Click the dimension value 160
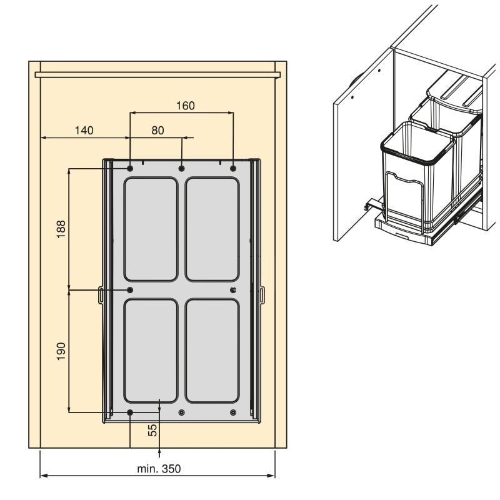(x=186, y=106)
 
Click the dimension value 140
(x=84, y=131)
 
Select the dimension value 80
(x=158, y=131)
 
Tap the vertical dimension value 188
(x=61, y=229)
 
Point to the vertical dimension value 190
(x=61, y=351)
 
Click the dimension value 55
(x=152, y=430)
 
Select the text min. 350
(x=159, y=469)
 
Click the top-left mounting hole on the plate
(x=130, y=168)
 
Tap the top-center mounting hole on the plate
(x=182, y=168)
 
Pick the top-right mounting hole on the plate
(x=233, y=168)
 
